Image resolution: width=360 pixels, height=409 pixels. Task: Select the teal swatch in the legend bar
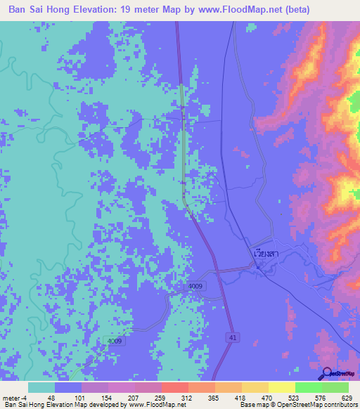41,387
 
